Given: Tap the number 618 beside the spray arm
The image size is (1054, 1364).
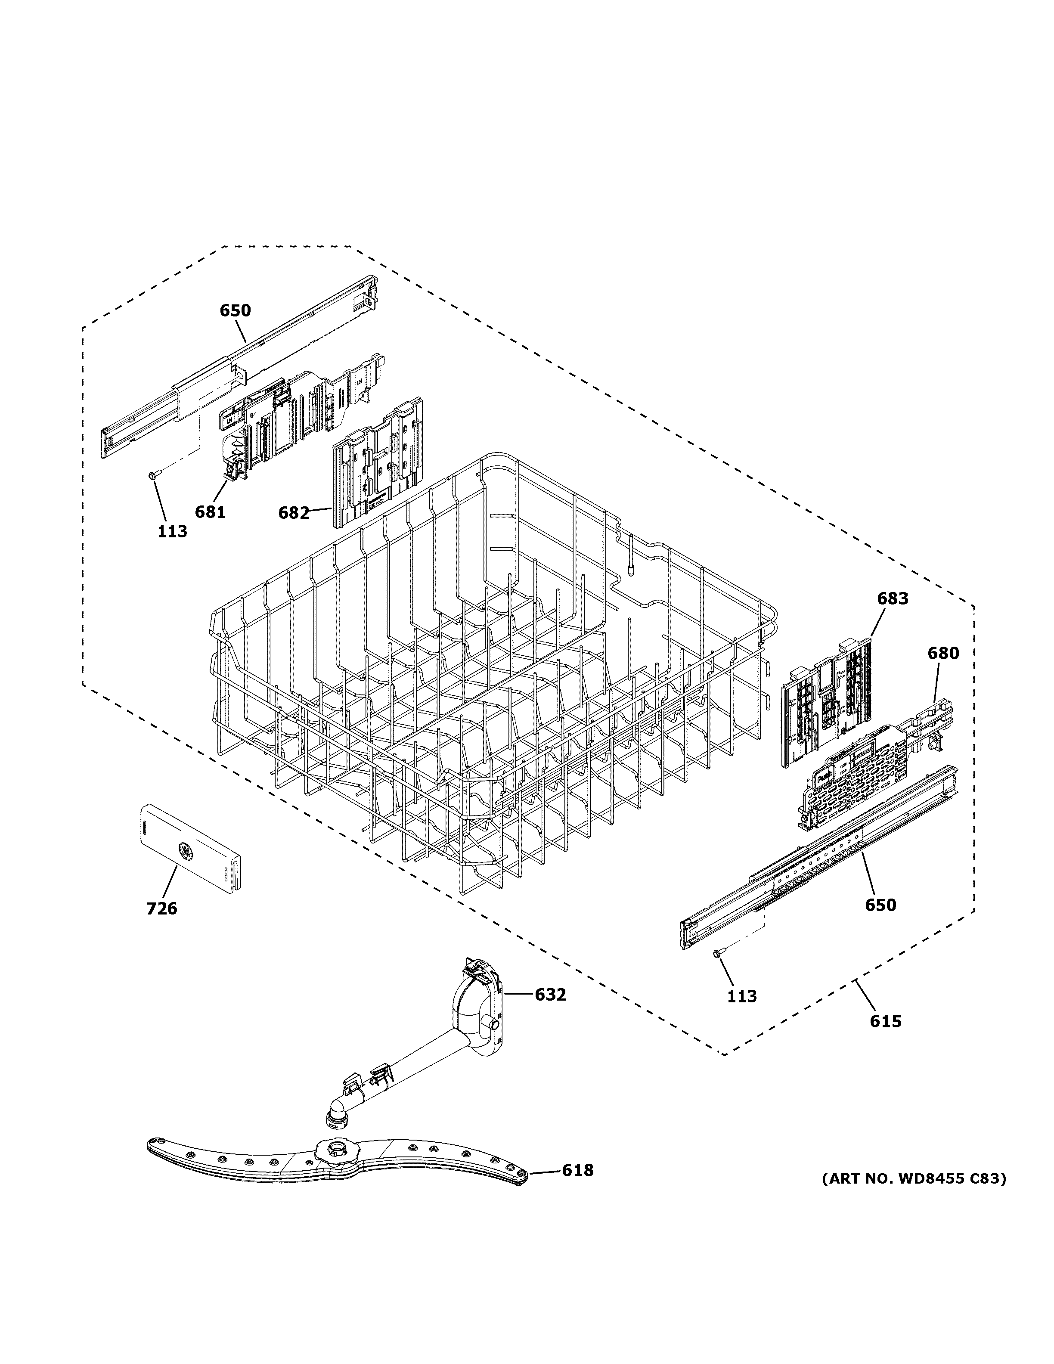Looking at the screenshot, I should click(x=577, y=1170).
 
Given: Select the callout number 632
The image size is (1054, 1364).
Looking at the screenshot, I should click(x=550, y=994).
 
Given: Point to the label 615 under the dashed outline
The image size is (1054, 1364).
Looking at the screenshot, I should click(x=885, y=1021).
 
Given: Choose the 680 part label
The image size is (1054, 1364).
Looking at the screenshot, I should click(x=943, y=653).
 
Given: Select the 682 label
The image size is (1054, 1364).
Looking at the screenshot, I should click(x=294, y=513).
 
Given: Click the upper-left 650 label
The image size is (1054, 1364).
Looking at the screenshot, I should click(x=235, y=310).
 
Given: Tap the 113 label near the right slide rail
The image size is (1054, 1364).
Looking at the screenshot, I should click(x=742, y=996).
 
